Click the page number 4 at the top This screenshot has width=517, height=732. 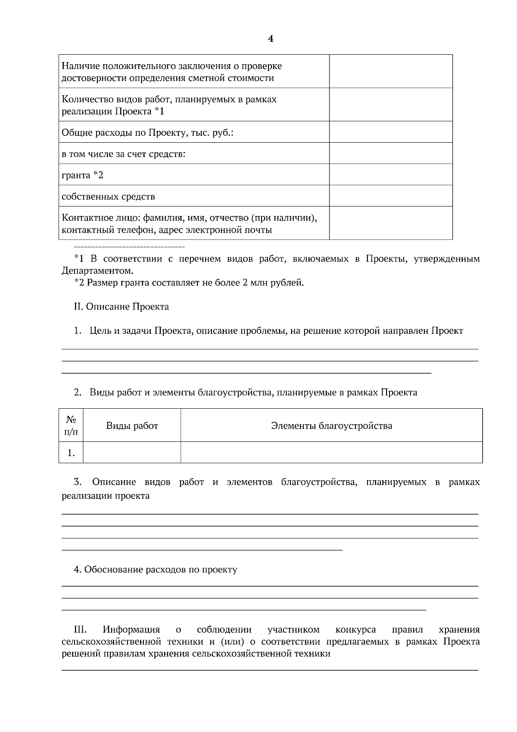click(x=271, y=39)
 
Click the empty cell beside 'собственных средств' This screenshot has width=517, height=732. click(x=391, y=196)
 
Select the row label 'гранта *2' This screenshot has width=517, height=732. click(x=83, y=175)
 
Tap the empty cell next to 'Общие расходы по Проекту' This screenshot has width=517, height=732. click(x=391, y=132)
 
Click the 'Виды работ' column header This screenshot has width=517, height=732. click(x=132, y=426)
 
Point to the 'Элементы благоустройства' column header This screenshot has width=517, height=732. click(x=331, y=426)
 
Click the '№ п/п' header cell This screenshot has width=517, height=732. click(x=71, y=425)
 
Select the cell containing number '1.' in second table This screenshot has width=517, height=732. click(x=71, y=453)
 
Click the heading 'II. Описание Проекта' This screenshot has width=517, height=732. click(x=121, y=307)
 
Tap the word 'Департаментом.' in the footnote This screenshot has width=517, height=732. click(x=97, y=271)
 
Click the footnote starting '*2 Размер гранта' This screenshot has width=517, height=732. click(x=189, y=283)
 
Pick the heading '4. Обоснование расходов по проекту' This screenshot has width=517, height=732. click(x=156, y=569)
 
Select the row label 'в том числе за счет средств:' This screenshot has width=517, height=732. click(x=124, y=153)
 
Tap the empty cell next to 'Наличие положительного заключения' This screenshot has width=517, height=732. click(x=391, y=72)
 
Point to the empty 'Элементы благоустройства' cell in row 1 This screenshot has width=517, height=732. click(x=331, y=453)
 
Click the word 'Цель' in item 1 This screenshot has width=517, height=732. click(x=99, y=331)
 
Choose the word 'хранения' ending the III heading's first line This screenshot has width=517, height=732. click(x=459, y=630)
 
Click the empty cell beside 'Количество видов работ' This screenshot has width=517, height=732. click(x=391, y=105)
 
